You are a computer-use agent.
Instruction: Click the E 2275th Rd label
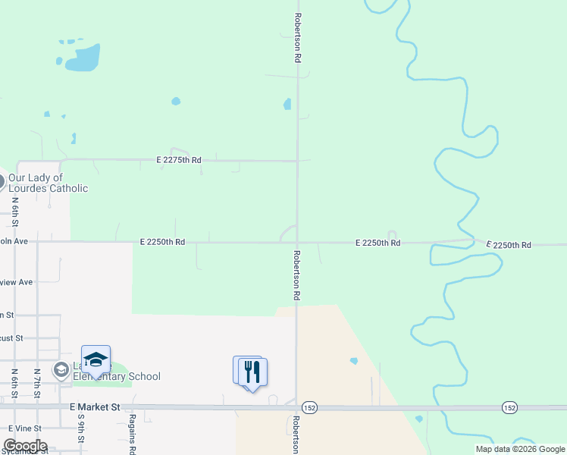coord(179,160)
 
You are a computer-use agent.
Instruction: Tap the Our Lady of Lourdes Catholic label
coord(48,183)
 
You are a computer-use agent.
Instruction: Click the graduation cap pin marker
coord(96,360)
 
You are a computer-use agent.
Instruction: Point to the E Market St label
coord(95,407)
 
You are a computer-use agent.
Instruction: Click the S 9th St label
coord(80,436)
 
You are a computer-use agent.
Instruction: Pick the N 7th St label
coord(36,384)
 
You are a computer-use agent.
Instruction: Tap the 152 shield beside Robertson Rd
coord(309,408)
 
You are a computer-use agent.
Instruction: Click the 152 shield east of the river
coord(509,408)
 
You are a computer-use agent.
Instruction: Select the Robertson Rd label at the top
coord(299,37)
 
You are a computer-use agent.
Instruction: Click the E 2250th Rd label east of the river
coord(509,245)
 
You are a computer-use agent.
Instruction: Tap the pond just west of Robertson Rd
coord(287,104)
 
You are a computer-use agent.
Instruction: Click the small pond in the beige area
coord(354,361)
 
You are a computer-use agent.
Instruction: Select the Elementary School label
coord(116,376)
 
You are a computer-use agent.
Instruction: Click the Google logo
coord(24,446)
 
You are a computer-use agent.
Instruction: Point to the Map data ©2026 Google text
coord(521,449)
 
